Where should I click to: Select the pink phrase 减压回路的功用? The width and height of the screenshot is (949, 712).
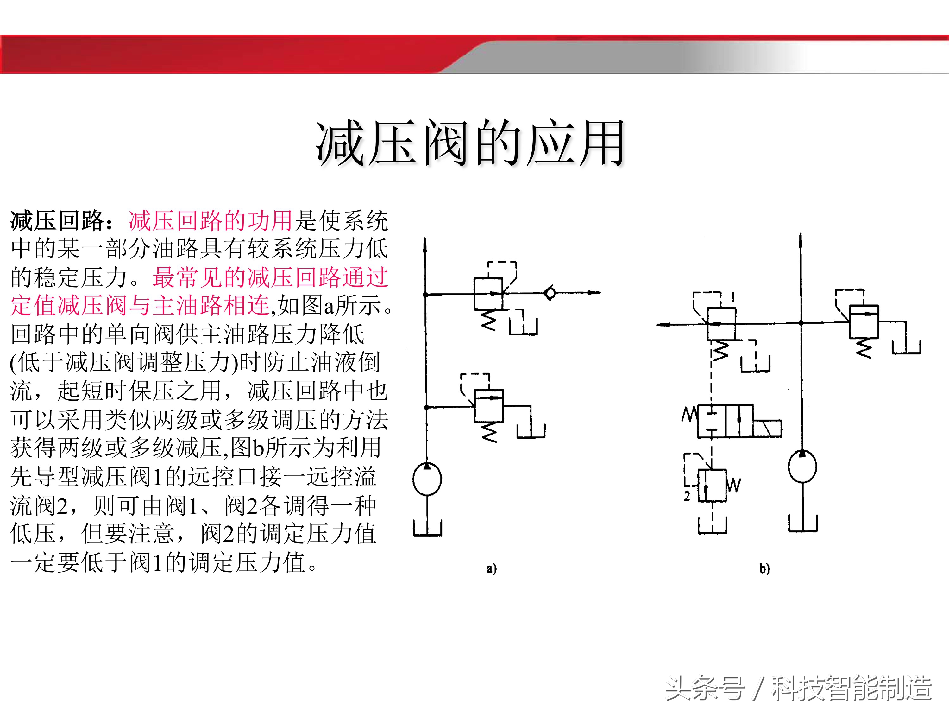pos(210,221)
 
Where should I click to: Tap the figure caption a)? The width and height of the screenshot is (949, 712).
pos(492,569)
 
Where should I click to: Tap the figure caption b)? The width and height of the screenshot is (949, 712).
pos(764,569)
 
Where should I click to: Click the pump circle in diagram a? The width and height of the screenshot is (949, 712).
pos(427,479)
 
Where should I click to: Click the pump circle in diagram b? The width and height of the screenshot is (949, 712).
pos(802,466)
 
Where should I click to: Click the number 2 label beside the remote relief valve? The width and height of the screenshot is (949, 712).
pos(687,496)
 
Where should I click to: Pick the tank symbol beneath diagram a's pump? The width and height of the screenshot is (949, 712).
pos(427,528)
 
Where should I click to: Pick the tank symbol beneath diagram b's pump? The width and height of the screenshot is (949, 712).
pos(803,524)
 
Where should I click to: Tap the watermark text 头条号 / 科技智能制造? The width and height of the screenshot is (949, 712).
pos(799,688)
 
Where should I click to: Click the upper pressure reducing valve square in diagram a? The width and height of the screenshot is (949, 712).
pos(488,293)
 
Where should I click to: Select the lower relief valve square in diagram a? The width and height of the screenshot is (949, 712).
pos(489,406)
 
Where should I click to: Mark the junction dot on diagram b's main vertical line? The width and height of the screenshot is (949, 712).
pos(801,323)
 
